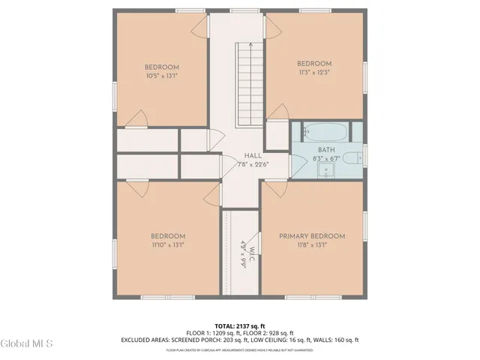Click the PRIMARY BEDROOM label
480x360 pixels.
point(312,236)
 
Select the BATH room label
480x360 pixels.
point(325,150)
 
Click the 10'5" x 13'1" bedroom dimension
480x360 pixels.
point(161,75)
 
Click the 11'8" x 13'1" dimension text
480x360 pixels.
point(312,244)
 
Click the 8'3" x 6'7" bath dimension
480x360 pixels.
point(325,158)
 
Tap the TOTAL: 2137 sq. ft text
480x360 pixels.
point(240,325)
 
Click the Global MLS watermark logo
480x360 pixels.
point(27,344)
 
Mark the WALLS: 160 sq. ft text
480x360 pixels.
point(335,340)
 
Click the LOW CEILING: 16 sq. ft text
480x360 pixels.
point(282,340)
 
